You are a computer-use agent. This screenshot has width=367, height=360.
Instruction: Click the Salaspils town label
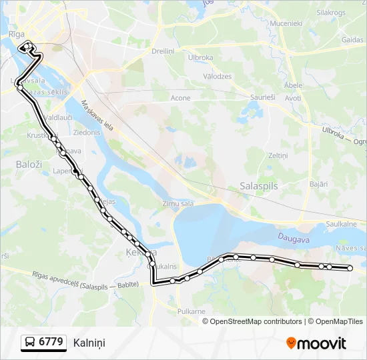click(258, 187)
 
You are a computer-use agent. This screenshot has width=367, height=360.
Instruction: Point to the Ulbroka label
click(200, 57)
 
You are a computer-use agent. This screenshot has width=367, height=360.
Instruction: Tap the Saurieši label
click(262, 97)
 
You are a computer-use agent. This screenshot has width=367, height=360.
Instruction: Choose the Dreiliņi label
click(163, 51)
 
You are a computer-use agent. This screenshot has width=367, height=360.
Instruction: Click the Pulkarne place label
click(191, 311)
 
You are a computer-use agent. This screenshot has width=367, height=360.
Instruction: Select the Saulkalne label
click(341, 225)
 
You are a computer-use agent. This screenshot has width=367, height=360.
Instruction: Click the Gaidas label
click(352, 40)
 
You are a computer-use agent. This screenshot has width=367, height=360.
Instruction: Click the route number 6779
click(51, 342)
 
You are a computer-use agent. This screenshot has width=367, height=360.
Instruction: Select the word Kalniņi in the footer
click(89, 343)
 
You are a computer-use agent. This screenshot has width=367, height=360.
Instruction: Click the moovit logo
click(316, 343)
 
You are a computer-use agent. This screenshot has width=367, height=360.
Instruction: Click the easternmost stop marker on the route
click(350, 268)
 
